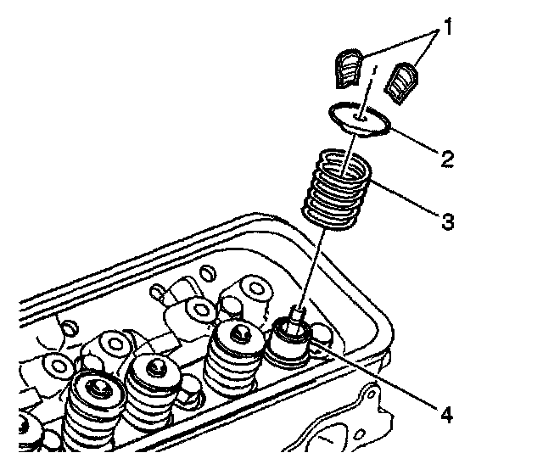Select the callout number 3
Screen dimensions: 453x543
click(x=447, y=221)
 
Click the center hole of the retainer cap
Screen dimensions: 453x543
click(x=361, y=120)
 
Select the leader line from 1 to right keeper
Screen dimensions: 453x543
click(x=423, y=52)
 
